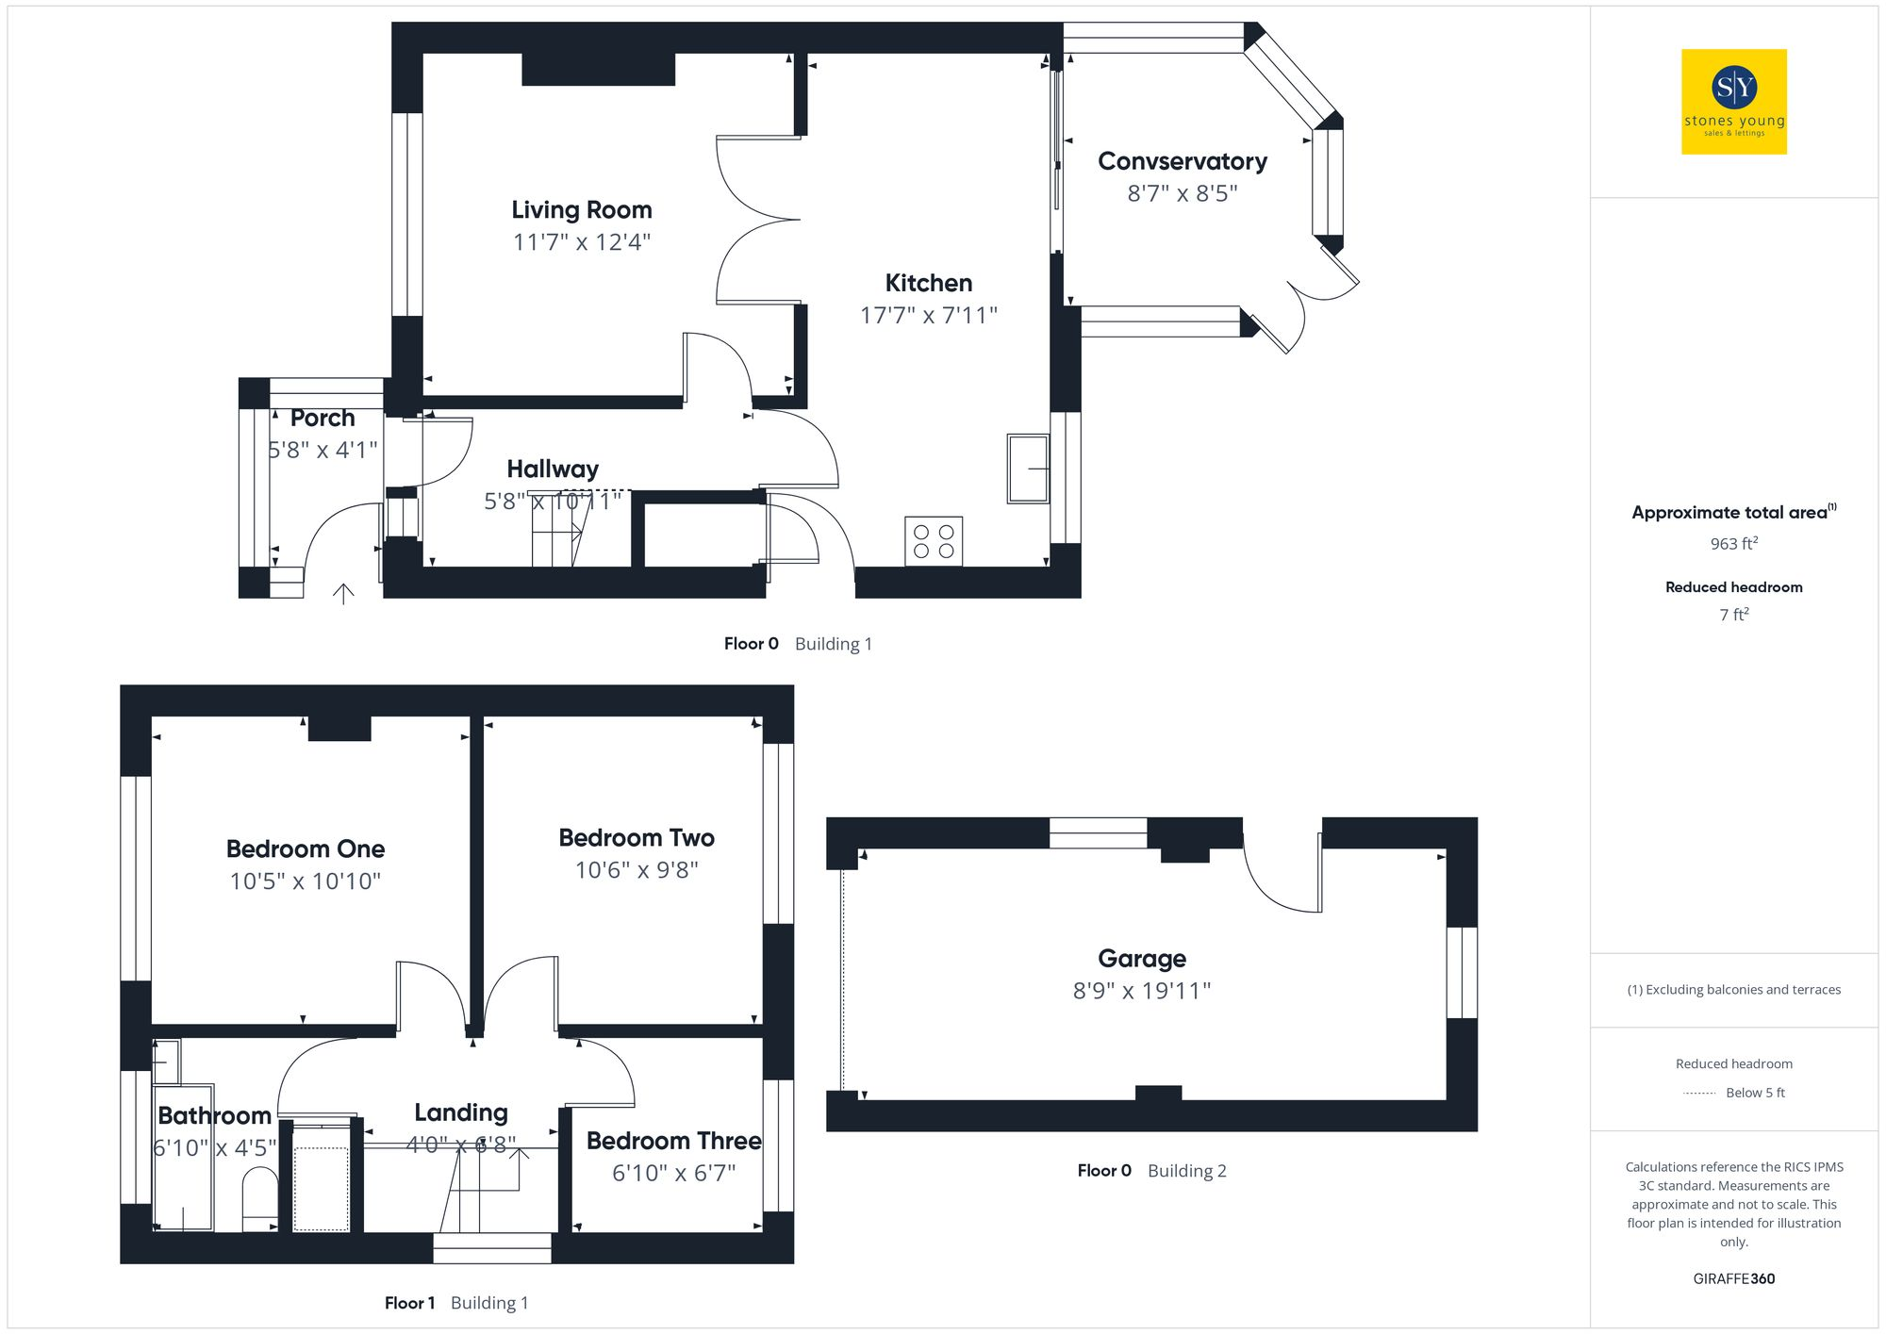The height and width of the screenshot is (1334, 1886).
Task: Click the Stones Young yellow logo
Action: coord(1733,102)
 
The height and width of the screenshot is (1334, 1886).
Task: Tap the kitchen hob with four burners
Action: coord(934,541)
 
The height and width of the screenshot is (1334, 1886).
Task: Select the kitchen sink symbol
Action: coord(1028,469)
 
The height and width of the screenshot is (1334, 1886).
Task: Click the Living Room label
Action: coord(581,209)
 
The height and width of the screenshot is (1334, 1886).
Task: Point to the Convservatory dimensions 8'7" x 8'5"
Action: coord(1182,193)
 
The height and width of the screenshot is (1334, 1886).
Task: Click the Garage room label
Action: coord(1141,959)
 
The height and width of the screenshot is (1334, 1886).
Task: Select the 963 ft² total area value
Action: coord(1733,544)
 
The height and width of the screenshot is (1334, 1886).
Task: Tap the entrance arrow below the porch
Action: coord(343,593)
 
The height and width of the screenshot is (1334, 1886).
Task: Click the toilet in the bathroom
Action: coord(260,1198)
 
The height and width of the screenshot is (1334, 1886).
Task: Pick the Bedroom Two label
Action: coord(637,838)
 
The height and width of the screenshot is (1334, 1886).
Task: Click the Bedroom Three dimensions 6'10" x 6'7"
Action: coord(673,1173)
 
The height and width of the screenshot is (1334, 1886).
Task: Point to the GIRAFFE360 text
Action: coord(1733,1279)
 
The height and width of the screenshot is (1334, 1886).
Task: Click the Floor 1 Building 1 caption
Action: coord(456,1303)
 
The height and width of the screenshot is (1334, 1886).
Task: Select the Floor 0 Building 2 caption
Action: coord(1151,1171)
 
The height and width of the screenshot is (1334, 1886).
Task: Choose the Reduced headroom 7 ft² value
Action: coord(1733,615)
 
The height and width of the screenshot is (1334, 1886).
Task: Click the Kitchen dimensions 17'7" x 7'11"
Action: coord(928,315)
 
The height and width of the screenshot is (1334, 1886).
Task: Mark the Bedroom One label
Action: coord(306,849)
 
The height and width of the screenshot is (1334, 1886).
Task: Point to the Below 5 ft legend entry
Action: coord(1754,1093)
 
